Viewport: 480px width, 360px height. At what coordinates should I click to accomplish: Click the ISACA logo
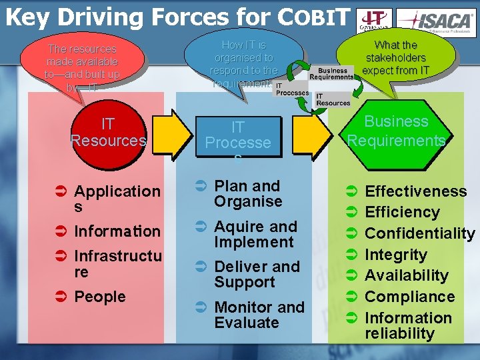437,19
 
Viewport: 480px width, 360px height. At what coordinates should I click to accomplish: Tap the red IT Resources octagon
107,133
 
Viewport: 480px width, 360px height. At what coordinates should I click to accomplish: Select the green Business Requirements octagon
396,131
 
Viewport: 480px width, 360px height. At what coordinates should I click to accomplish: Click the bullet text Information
117,231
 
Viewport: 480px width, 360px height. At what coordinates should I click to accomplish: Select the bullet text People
100,297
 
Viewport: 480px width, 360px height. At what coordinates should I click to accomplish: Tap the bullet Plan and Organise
247,193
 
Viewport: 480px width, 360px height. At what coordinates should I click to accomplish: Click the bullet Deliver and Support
257,274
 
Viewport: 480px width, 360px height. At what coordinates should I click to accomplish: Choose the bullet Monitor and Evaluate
259,315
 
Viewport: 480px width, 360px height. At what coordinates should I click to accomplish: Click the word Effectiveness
416,191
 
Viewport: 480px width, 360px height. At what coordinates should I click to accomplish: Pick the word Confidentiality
420,233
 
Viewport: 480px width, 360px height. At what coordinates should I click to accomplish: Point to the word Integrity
396,255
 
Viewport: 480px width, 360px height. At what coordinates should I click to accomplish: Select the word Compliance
409,297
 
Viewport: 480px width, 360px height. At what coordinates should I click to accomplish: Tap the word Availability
407,275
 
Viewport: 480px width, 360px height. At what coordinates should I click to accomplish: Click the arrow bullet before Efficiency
351,213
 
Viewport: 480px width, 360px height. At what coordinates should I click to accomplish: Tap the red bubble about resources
82,64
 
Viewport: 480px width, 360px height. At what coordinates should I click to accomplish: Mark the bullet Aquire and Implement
255,234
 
